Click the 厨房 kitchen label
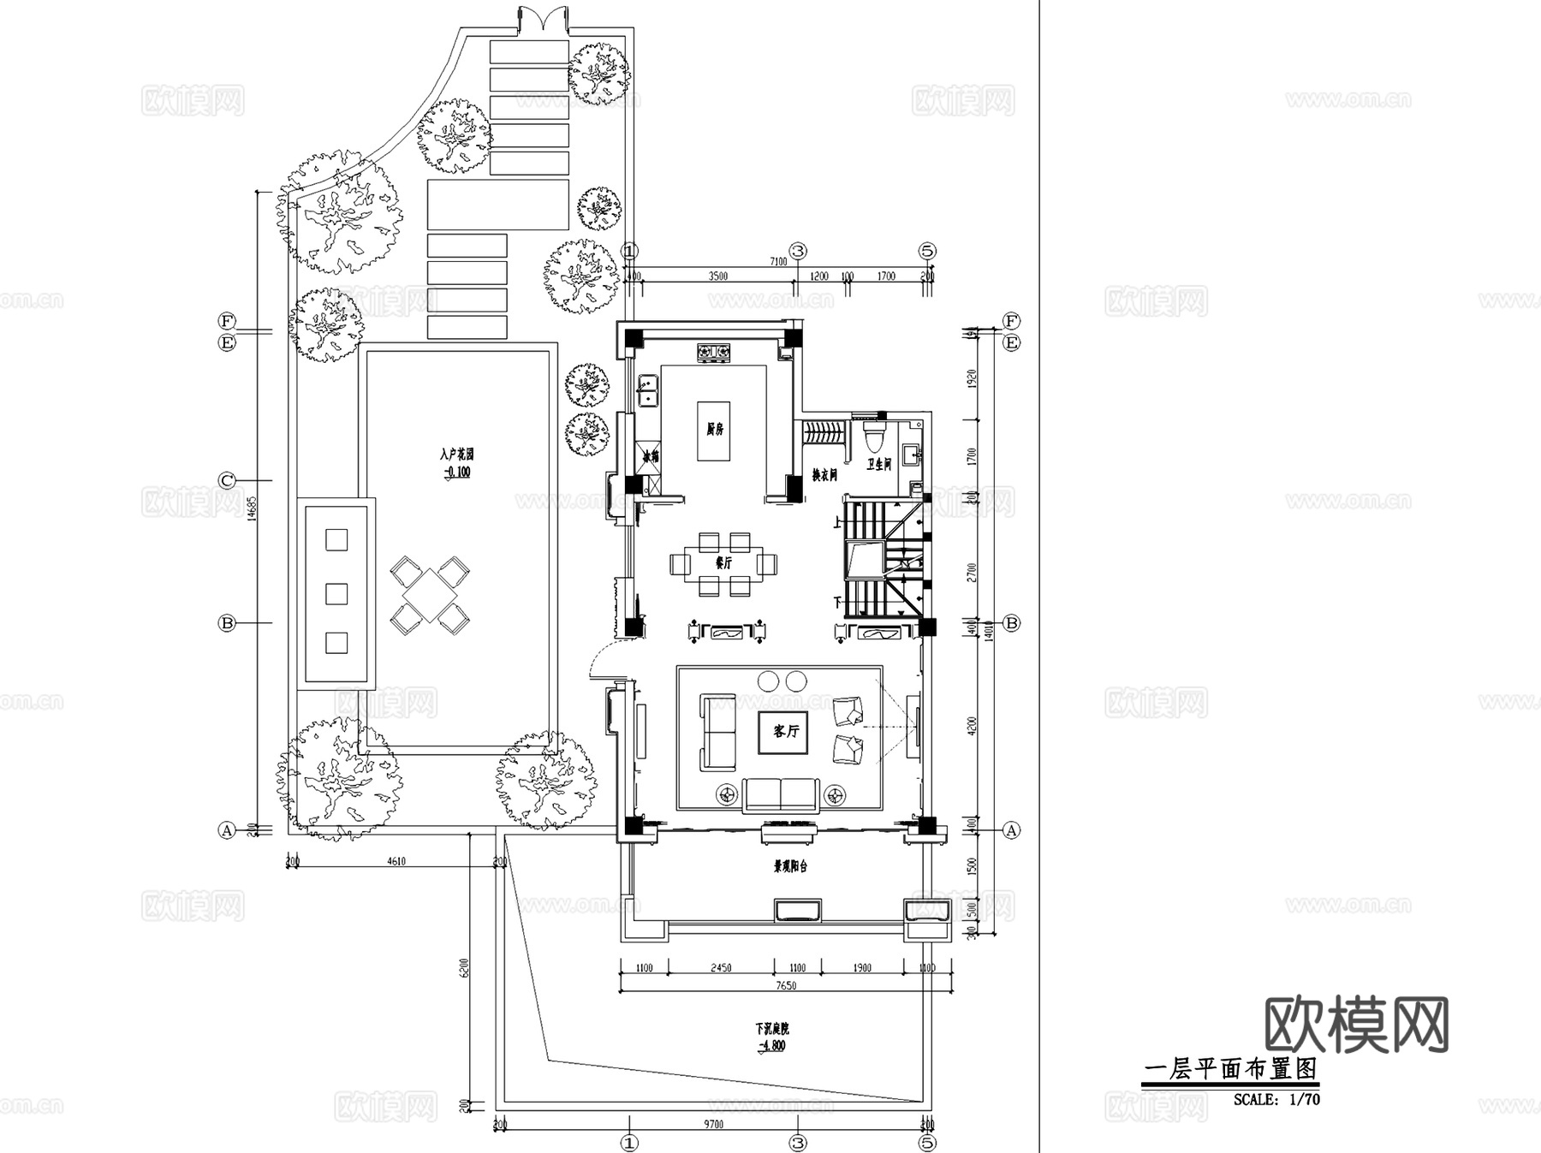pos(714,430)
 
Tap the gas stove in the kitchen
pos(713,351)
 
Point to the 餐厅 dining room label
pos(723,563)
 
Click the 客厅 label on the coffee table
pos(784,731)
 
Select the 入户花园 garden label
pos(457,454)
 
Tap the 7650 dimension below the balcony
pos(785,985)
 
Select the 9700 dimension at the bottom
pos(713,1124)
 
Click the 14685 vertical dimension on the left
pos(251,508)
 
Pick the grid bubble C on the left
pos(227,481)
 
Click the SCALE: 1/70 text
pos(1276,1099)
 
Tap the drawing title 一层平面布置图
pos(1230,1069)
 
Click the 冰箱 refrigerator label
pos(651,455)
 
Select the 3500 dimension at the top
pos(717,276)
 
